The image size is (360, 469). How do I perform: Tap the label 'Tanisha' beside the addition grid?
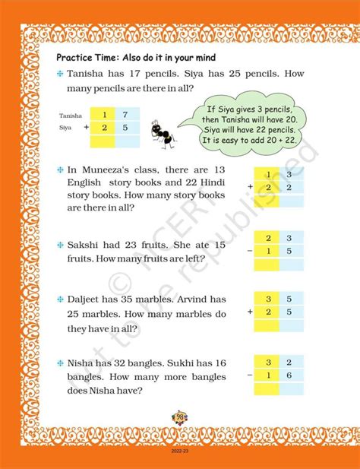(x=70, y=116)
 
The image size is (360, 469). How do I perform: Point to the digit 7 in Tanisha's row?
(x=125, y=115)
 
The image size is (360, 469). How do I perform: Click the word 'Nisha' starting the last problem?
(x=82, y=355)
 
